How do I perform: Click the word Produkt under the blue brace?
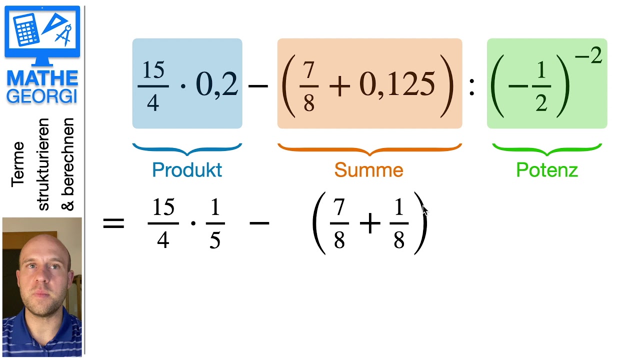pos(187,170)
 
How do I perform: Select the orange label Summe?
pos(369,170)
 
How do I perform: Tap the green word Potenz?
pos(547,170)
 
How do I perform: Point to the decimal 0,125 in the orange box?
pos(397,84)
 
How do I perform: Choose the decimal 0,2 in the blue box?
pos(217,84)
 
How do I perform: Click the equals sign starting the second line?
pos(113,223)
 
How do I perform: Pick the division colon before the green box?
pos(472,87)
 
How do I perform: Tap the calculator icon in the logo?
pos(26,29)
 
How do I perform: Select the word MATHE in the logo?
pos(42,78)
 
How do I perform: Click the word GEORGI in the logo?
pos(42,96)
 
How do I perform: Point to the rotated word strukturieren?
pos(43,164)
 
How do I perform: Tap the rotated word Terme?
pos(17,164)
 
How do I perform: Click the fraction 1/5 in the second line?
pos(215,223)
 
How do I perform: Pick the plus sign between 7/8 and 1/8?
pos(370,223)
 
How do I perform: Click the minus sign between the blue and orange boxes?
pos(258,85)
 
